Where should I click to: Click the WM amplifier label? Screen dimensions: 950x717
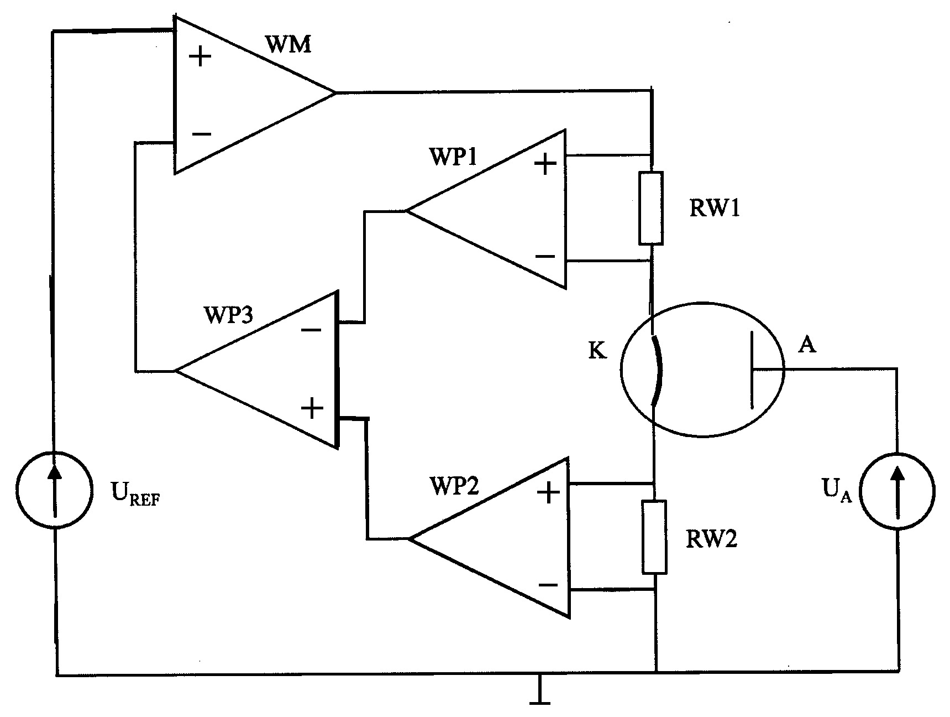click(288, 44)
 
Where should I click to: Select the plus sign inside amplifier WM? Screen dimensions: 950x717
click(200, 56)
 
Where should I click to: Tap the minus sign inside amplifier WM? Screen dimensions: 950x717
click(201, 134)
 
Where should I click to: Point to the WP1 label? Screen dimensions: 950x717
click(452, 157)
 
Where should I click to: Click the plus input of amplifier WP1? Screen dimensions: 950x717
click(545, 164)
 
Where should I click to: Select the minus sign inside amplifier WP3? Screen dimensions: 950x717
click(311, 330)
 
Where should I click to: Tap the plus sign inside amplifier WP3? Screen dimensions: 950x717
click(312, 409)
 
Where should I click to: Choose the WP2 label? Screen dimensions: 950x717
click(455, 485)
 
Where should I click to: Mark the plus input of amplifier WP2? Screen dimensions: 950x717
click(549, 492)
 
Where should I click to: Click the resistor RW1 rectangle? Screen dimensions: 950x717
click(651, 208)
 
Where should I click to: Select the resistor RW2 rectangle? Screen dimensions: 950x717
click(654, 537)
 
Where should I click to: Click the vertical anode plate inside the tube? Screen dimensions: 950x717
click(752, 370)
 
